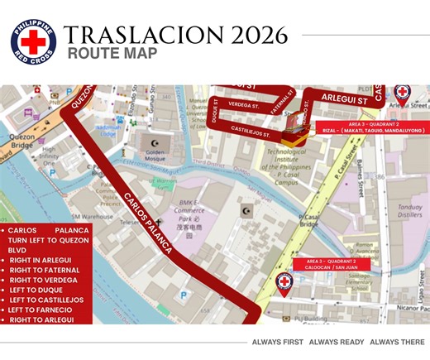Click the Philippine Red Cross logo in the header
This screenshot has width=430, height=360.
(x=33, y=40)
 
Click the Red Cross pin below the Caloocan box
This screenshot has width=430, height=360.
(x=284, y=284)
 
